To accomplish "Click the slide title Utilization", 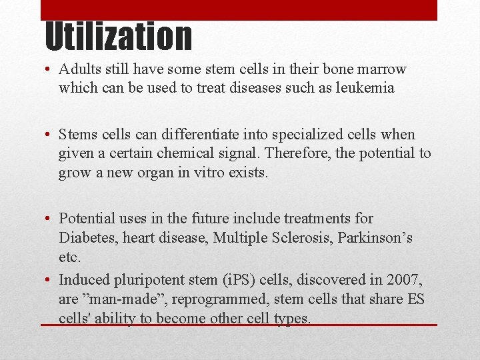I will pyautogui.click(x=118, y=37).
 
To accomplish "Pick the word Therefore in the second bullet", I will pyautogui.click(x=295, y=154).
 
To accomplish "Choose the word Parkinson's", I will pyautogui.click(x=378, y=238).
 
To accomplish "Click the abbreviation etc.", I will pyautogui.click(x=69, y=257).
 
